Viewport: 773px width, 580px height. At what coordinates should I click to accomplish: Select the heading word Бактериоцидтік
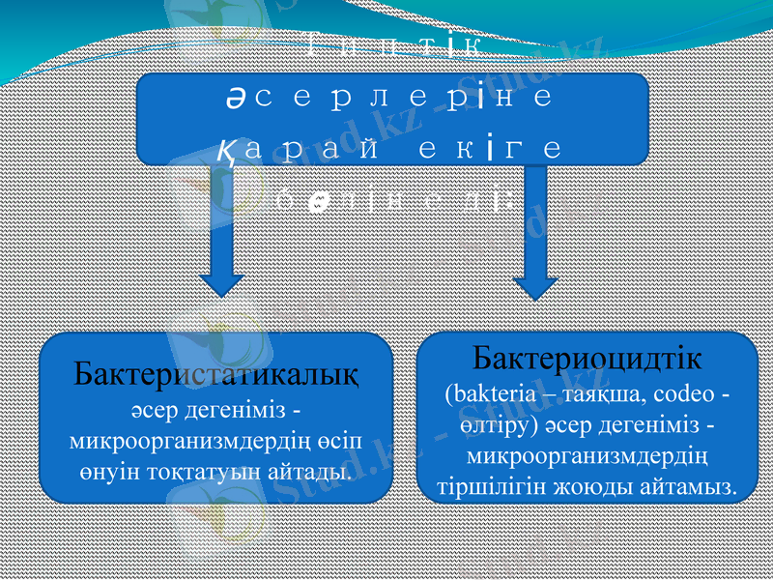[587, 359]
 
